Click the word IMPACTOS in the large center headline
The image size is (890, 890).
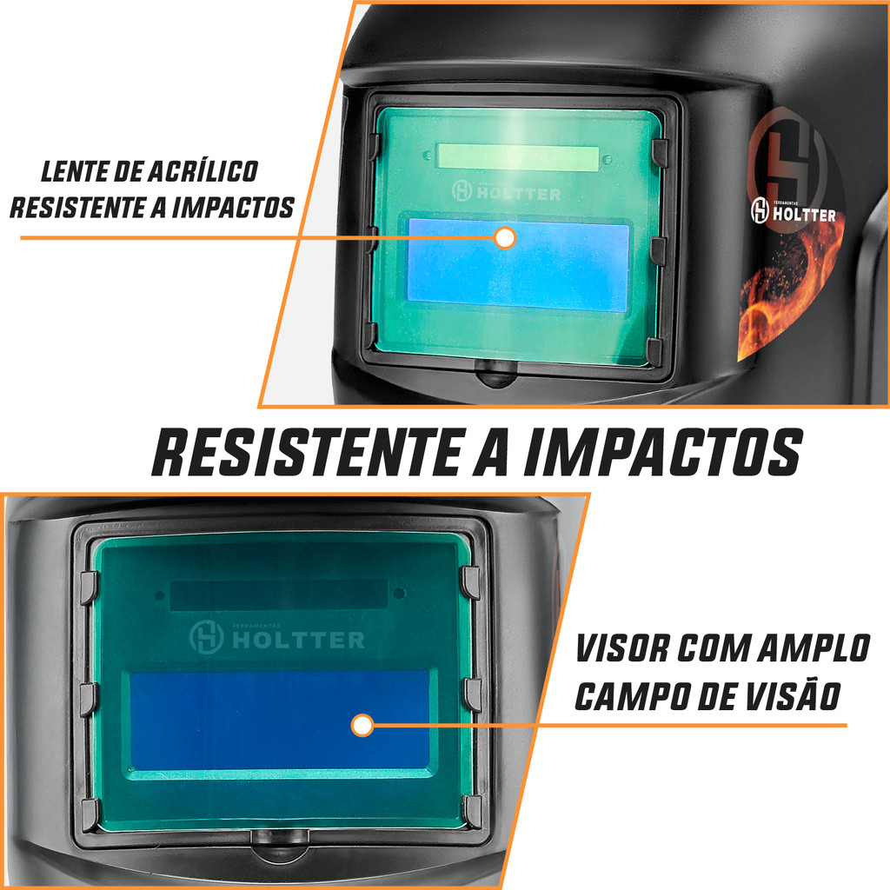[662, 452]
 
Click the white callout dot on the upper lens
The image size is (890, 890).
[505, 238]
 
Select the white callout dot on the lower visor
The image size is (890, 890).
[362, 725]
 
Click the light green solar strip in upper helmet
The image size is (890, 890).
[518, 158]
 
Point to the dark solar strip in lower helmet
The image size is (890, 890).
[279, 594]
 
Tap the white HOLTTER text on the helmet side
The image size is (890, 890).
[804, 215]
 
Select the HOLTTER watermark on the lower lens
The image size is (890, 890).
[277, 638]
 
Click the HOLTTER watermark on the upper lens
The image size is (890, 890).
[507, 192]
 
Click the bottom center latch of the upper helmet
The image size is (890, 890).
[495, 372]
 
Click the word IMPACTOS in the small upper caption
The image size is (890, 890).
[233, 208]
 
